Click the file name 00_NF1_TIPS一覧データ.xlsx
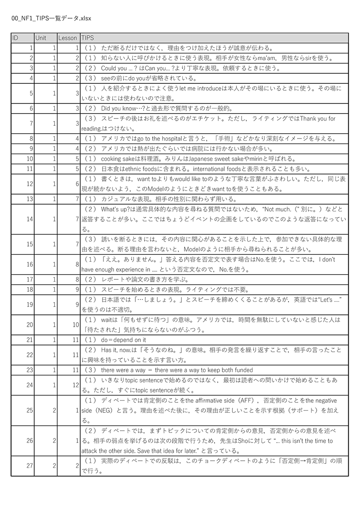click(51, 18)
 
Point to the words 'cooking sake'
click(117, 159)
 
